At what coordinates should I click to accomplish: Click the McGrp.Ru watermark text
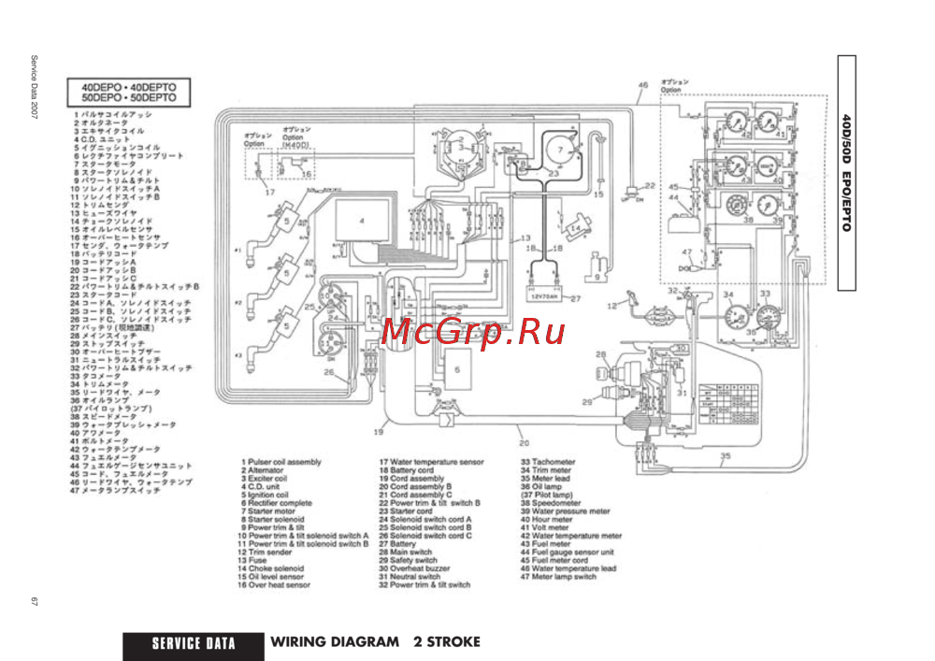pos(473,330)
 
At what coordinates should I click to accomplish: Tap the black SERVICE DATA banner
pos(194,643)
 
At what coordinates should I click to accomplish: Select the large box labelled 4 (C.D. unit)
pos(359,223)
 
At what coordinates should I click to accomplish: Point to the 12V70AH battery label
pos(543,297)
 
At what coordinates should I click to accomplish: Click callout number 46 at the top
pos(642,86)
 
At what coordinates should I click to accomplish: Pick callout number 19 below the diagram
pos(379,433)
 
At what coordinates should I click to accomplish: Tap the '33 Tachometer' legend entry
pos(548,462)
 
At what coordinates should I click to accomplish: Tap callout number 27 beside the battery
pos(576,299)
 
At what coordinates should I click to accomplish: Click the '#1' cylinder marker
pos(238,251)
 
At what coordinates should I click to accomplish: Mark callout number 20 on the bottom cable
pos(524,442)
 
